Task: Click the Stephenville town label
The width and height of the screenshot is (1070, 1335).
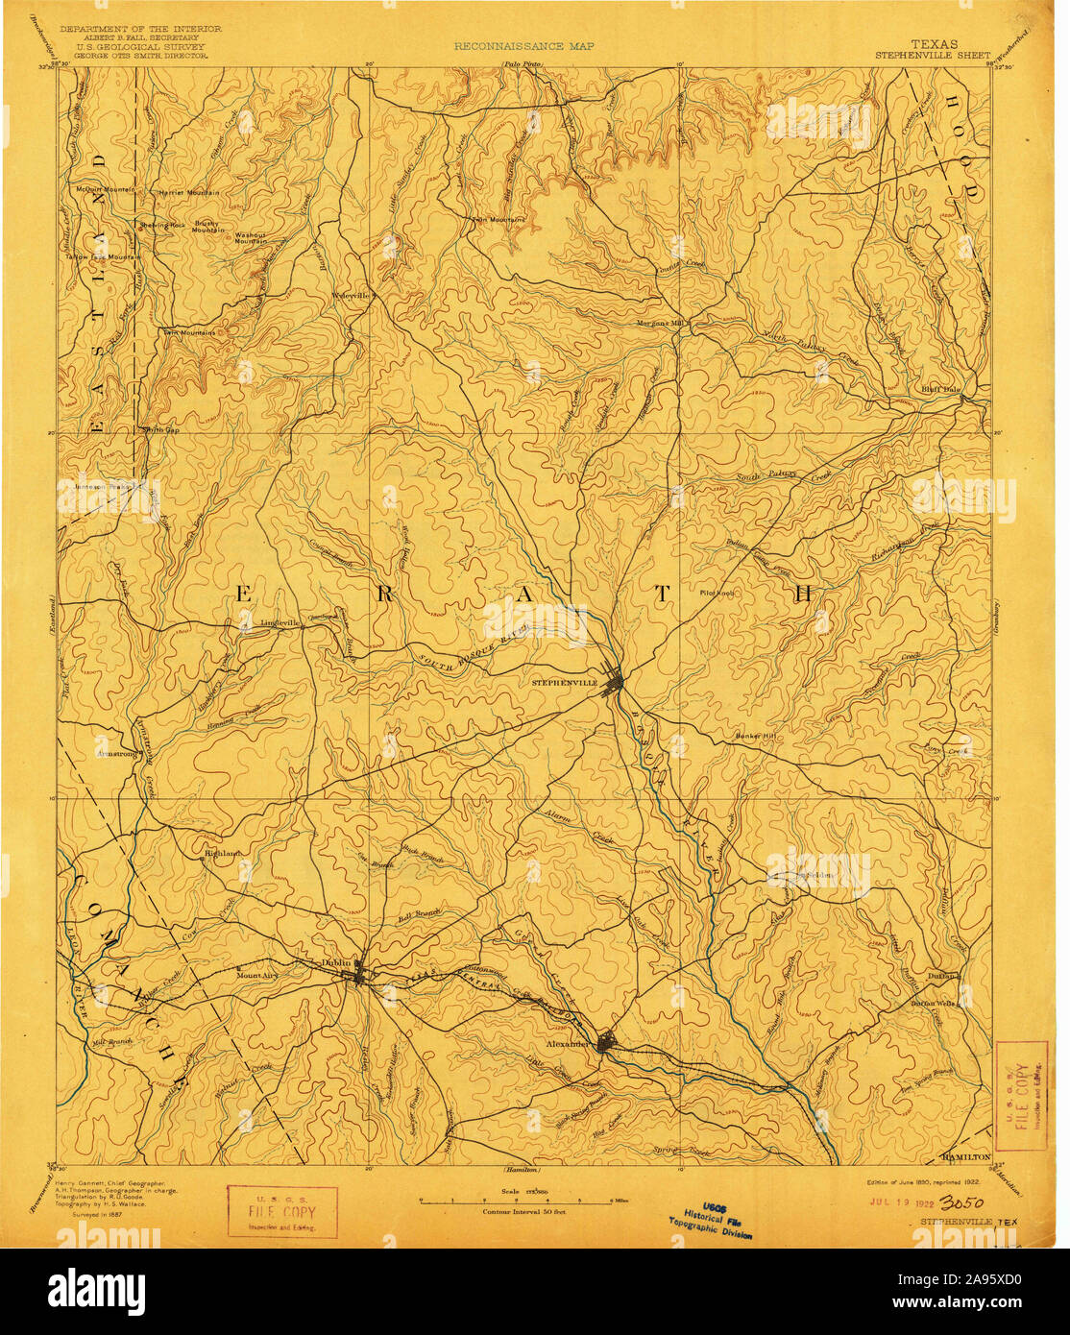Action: pyautogui.click(x=564, y=682)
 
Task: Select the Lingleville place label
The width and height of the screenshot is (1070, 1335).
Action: pyautogui.click(x=280, y=622)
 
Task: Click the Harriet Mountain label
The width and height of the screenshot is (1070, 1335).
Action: pyautogui.click(x=189, y=192)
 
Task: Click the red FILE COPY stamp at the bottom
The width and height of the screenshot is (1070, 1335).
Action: pyautogui.click(x=281, y=1212)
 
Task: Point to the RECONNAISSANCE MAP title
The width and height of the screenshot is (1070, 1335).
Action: pyautogui.click(x=523, y=45)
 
